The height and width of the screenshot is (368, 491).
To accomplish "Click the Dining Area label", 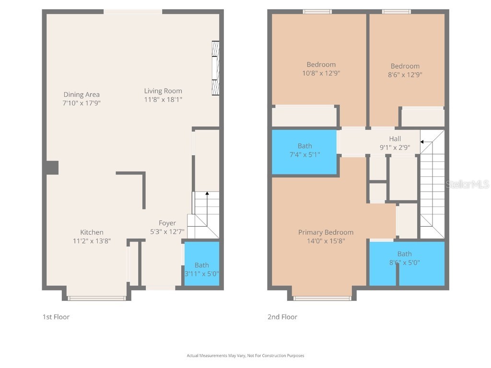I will (x=82, y=94).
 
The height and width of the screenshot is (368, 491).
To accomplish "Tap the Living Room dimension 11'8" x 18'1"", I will (x=163, y=100).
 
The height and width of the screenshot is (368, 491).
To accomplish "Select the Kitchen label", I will (x=92, y=232).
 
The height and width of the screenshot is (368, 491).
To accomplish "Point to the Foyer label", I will (x=167, y=223).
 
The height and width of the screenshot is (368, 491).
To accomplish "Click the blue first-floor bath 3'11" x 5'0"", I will (x=202, y=264).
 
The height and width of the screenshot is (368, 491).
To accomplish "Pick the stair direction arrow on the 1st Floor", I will (x=207, y=194).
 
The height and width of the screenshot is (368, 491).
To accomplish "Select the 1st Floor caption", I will (x=56, y=317).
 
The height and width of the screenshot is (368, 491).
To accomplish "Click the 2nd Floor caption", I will (x=282, y=317).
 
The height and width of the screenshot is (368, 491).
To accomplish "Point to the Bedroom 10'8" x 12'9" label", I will (x=321, y=65).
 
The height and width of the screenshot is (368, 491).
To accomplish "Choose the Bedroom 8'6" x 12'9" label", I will (x=405, y=66).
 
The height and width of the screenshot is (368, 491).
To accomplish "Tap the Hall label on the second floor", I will (x=395, y=139).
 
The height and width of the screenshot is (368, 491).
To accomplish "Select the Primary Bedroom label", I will (x=326, y=232).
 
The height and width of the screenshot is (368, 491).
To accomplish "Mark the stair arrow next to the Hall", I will (x=423, y=141).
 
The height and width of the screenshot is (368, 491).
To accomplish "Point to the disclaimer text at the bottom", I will (x=245, y=356).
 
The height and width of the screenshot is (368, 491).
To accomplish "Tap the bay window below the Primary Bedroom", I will (x=322, y=298).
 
